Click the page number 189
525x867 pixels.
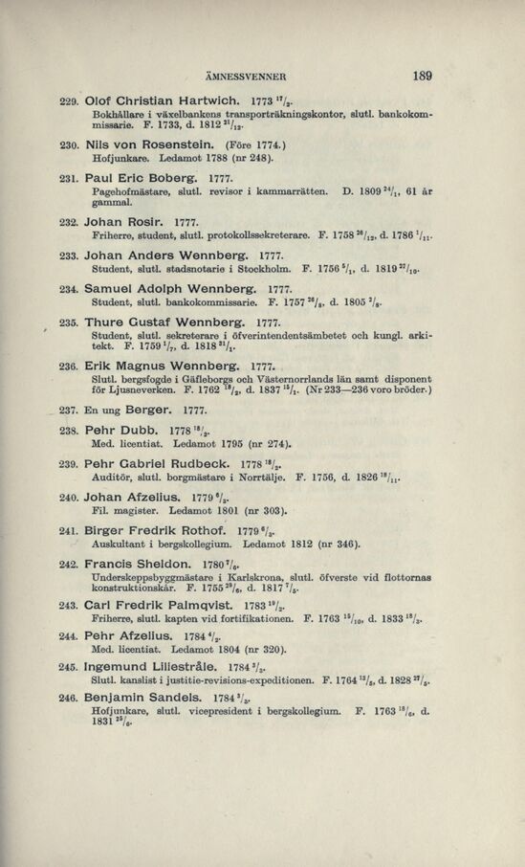click(421, 77)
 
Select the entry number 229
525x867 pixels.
click(67, 127)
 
